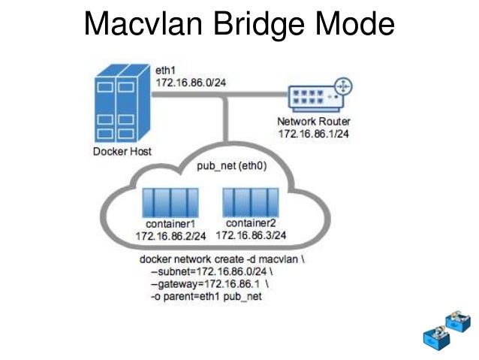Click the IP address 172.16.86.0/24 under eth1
tap(188, 79)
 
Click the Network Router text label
tap(314, 122)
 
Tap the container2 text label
tap(251, 224)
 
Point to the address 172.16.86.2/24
tap(170, 237)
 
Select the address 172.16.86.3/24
tap(251, 235)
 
